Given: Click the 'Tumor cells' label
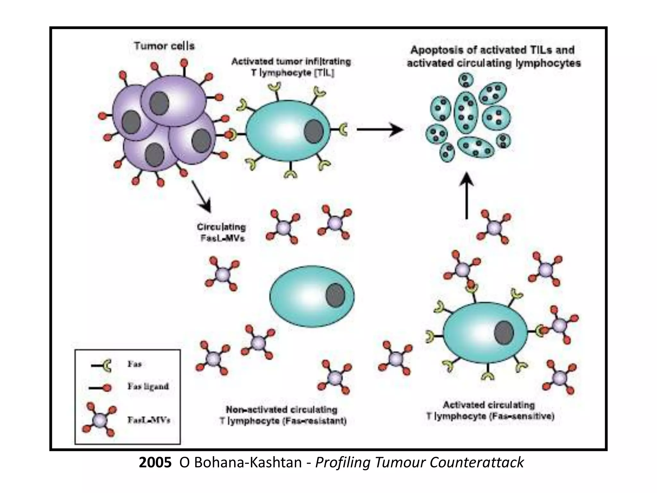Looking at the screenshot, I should click(x=164, y=46).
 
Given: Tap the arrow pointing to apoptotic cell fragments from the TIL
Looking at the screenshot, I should click(x=380, y=129).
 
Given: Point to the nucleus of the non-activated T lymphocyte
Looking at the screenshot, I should click(x=335, y=295).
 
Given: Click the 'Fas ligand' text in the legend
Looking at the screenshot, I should click(x=148, y=386).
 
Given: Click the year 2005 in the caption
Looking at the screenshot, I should click(x=155, y=463).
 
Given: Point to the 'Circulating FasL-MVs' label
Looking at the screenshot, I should click(x=221, y=232).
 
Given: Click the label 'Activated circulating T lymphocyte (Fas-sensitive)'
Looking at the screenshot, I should click(x=490, y=411).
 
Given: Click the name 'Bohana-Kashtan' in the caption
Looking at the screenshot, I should click(x=240, y=463).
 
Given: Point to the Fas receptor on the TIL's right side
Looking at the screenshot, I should click(x=343, y=129).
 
